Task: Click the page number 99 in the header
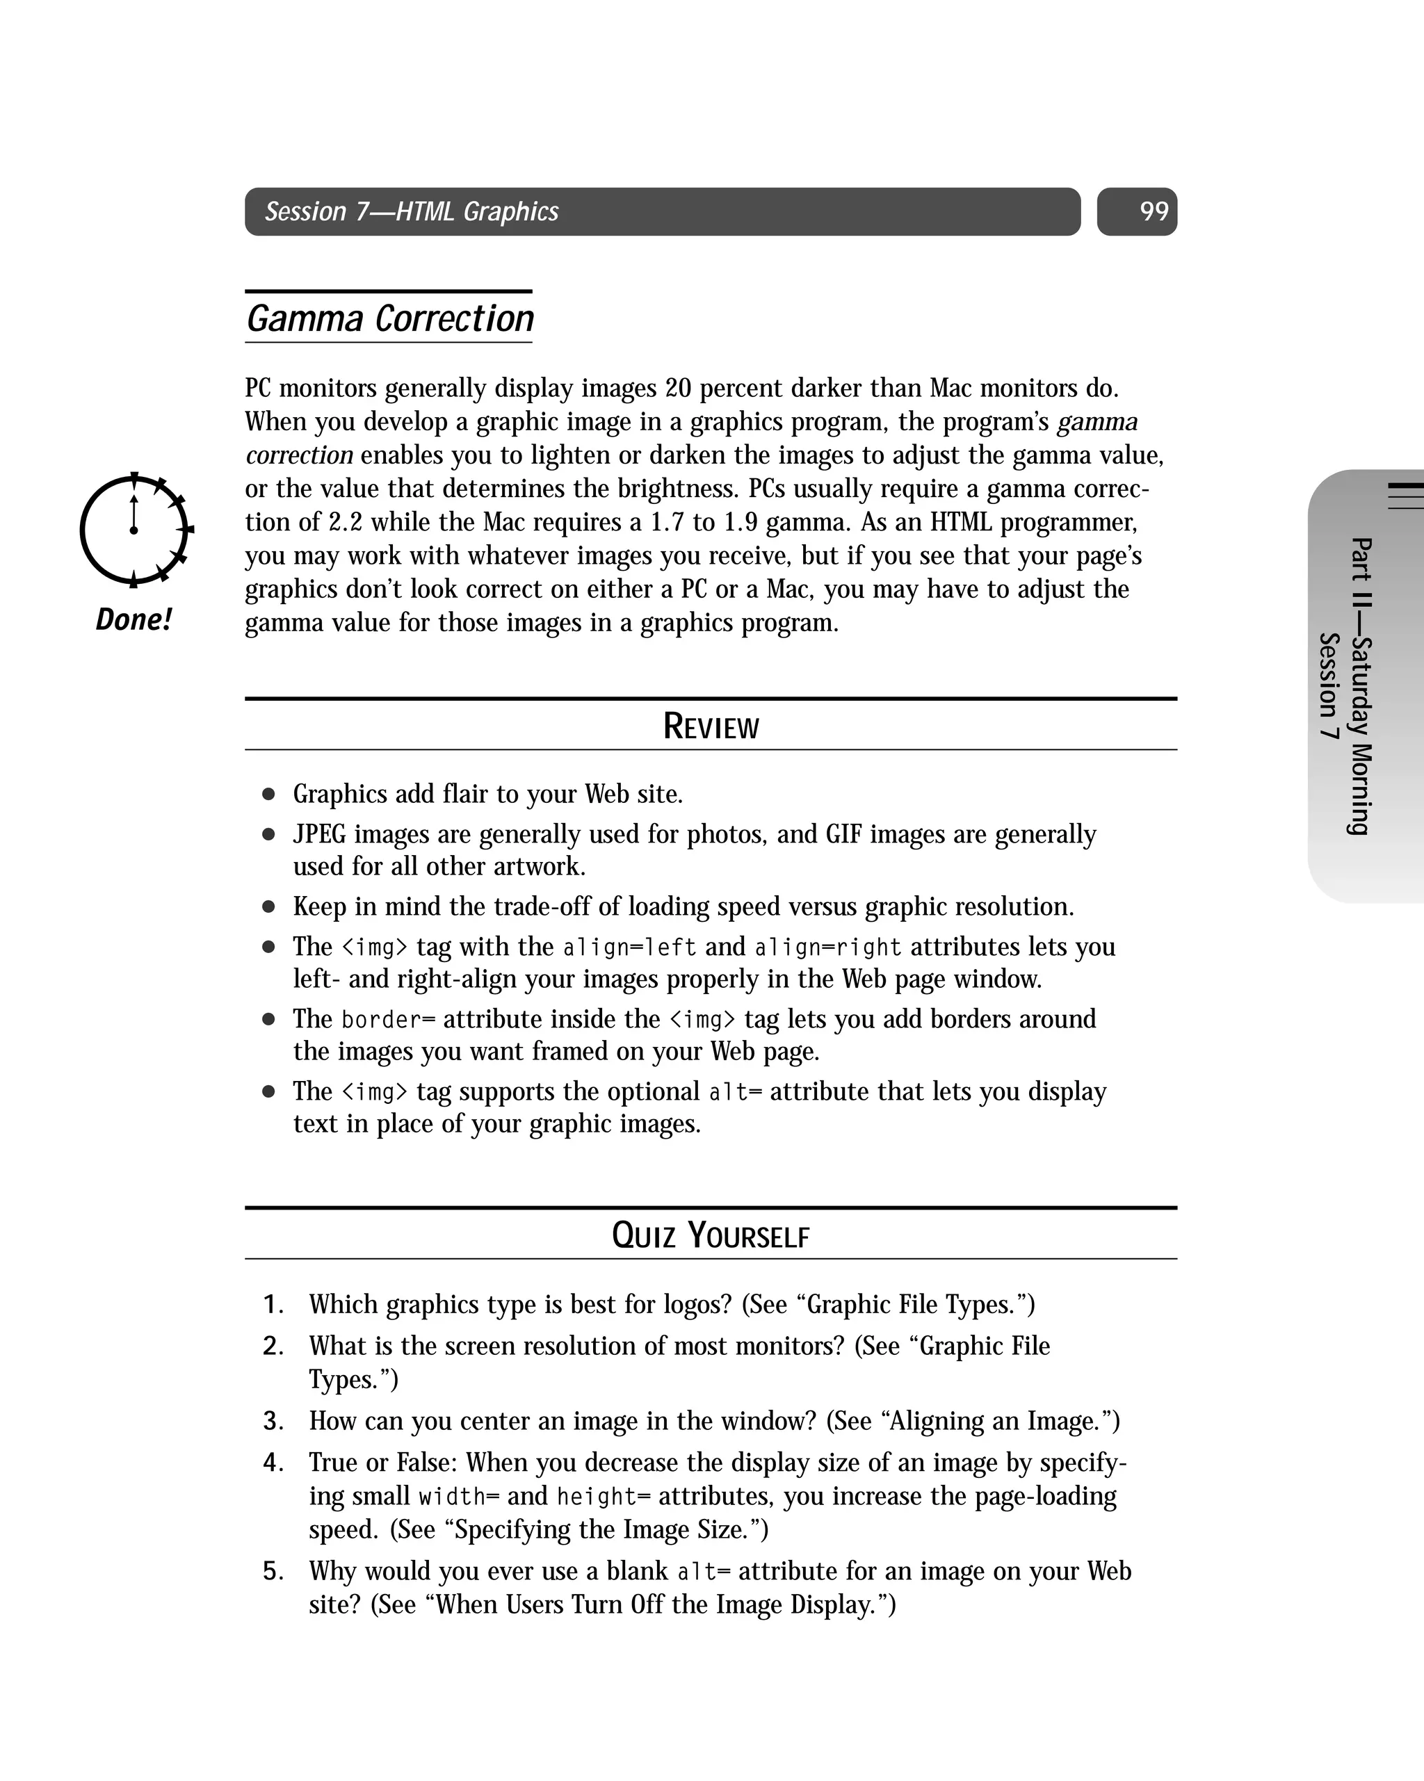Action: pos(1153,212)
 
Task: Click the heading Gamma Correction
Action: pos(390,319)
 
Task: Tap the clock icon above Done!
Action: pos(135,530)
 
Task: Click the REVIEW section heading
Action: pos(711,727)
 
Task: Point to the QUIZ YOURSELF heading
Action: pos(711,1236)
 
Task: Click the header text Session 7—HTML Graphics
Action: pos(412,212)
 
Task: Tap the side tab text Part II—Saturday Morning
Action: pos(1359,685)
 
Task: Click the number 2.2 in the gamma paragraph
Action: pos(346,523)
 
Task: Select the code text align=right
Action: pos(827,948)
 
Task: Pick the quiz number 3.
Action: pos(273,1421)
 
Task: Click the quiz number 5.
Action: pos(273,1570)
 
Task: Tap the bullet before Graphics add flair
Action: pos(268,795)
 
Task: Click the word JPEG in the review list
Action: pos(319,835)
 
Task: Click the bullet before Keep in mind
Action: pos(268,907)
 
